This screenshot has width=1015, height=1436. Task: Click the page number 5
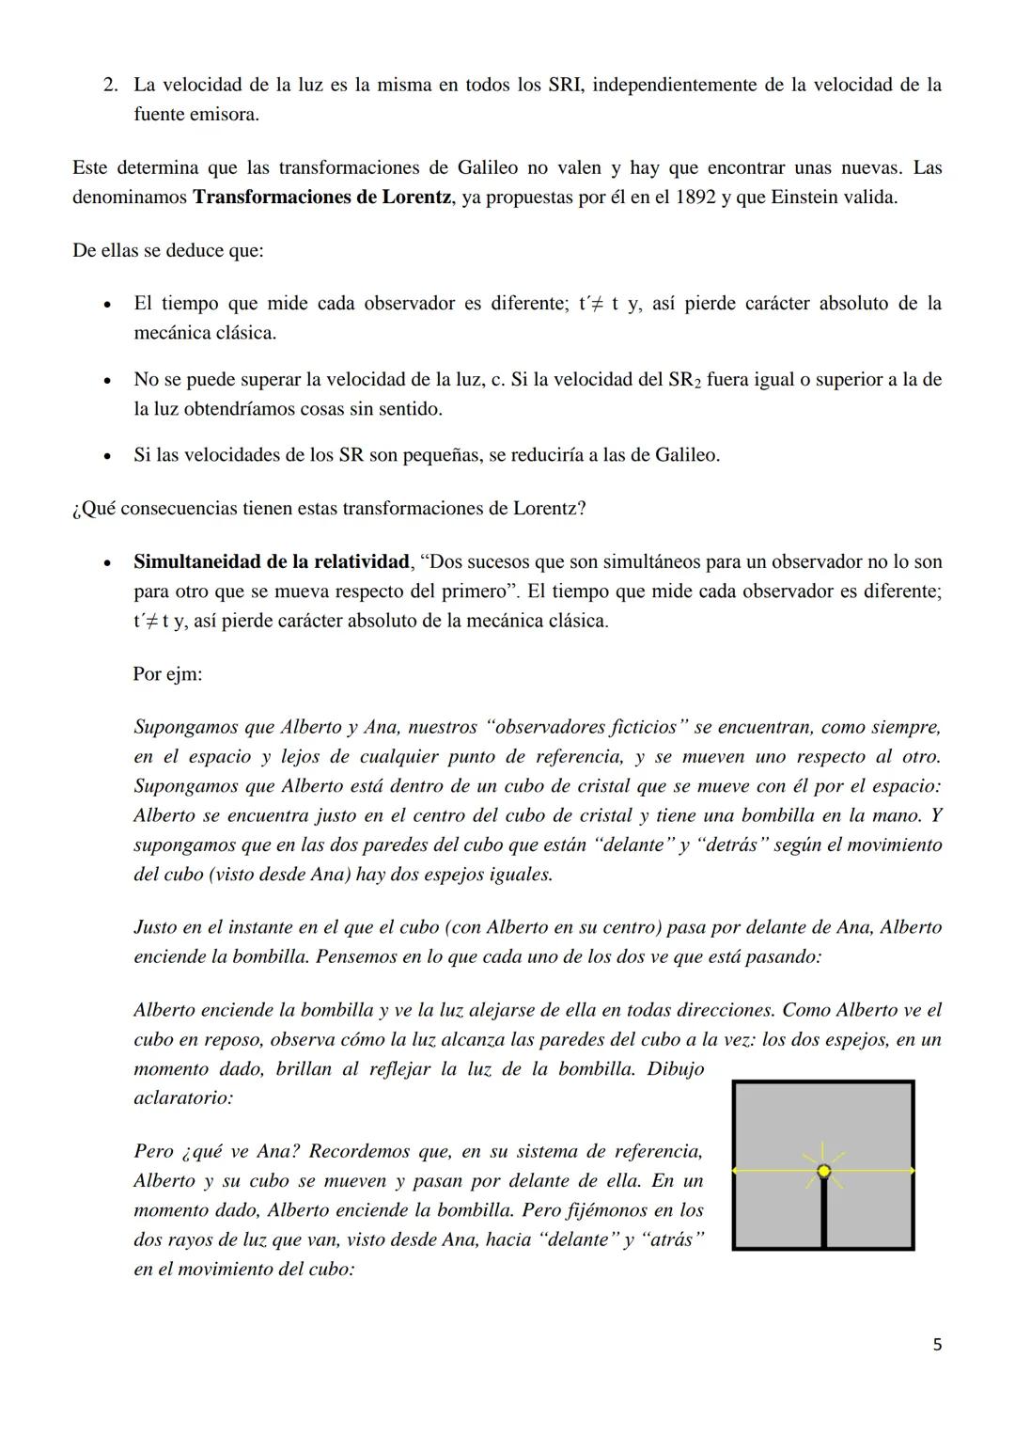pos(936,1345)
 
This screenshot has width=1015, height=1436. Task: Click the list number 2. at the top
pos(111,85)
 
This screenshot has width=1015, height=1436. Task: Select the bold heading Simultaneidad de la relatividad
pos(272,562)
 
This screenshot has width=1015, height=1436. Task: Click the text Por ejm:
pos(167,674)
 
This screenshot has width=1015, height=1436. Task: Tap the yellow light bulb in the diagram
pos(824,1171)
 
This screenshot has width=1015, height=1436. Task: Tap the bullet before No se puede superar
pos(110,381)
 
